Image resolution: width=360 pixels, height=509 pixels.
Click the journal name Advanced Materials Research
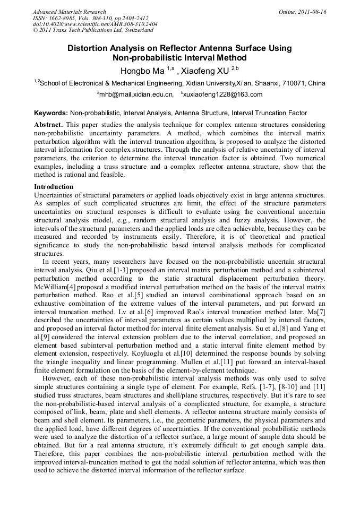point(69,12)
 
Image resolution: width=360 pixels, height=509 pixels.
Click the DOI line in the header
point(95,24)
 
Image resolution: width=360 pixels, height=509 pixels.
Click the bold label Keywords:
point(50,113)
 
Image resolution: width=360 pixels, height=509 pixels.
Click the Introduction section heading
point(54,187)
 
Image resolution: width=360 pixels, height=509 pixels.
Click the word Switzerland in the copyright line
point(138,31)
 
